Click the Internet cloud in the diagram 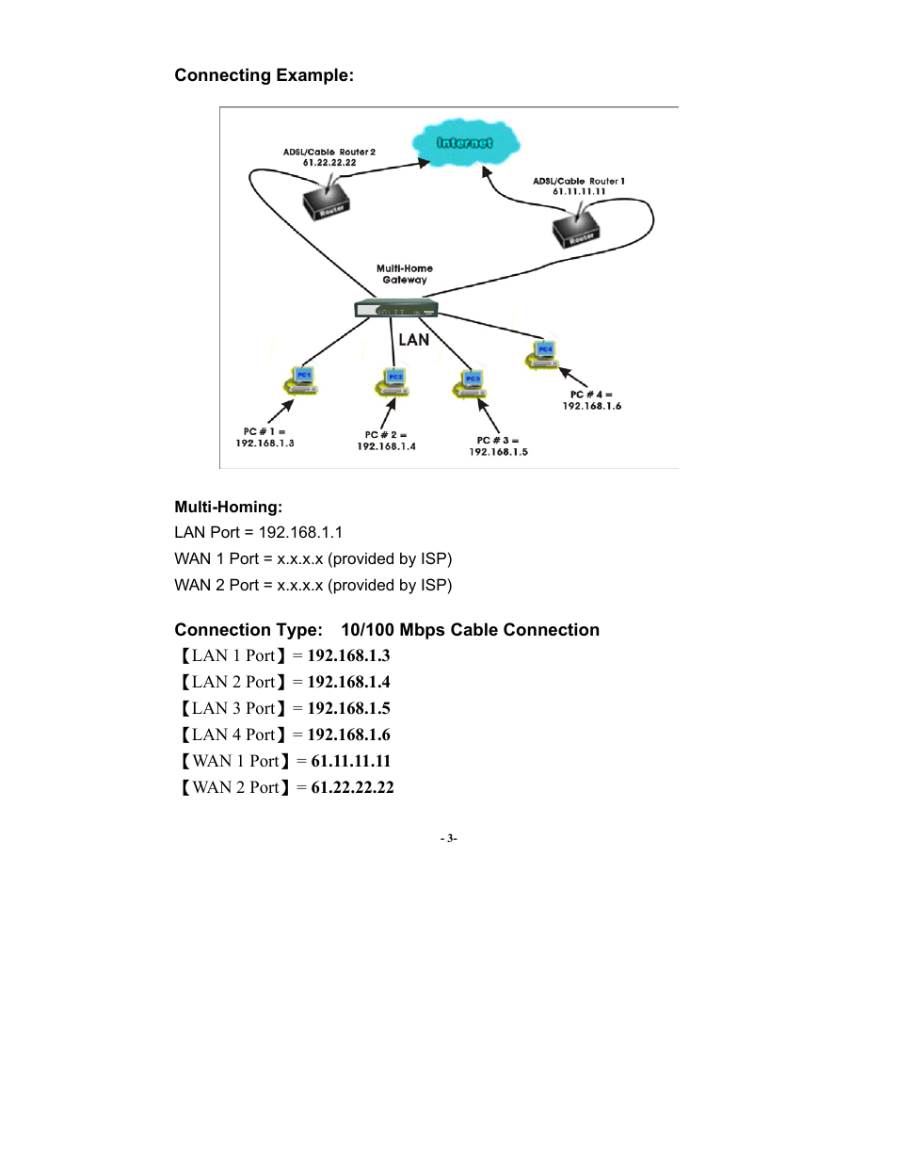point(465,142)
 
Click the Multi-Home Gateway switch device point(395,309)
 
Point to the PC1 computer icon point(301,380)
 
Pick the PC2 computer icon point(393,382)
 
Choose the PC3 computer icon point(470,384)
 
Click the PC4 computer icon point(543,355)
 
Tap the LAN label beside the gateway point(413,340)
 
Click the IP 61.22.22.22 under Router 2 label point(329,163)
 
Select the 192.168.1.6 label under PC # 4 point(592,406)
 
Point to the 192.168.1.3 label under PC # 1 point(265,444)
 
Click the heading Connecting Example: point(264,75)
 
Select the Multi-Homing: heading point(228,507)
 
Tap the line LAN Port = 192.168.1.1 point(259,532)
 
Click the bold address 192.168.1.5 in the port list point(348,708)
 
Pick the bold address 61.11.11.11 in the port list point(350,761)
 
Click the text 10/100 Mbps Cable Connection point(470,630)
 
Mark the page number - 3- point(449,838)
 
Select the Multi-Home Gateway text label point(405,274)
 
